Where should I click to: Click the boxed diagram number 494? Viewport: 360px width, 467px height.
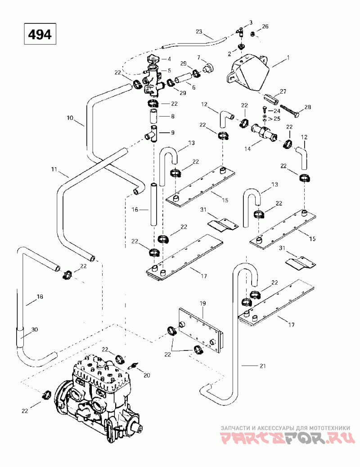tap(40, 35)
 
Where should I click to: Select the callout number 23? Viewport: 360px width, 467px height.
tap(199, 31)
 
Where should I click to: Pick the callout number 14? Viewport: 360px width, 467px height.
tap(247, 148)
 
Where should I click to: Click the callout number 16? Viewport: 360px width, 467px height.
tap(135, 210)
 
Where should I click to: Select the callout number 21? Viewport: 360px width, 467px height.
tap(262, 366)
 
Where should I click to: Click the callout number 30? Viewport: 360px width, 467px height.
tap(35, 329)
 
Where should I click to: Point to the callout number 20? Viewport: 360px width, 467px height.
tap(147, 375)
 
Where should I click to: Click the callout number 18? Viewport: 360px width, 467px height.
tap(40, 296)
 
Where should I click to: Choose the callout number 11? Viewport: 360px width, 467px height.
tap(54, 170)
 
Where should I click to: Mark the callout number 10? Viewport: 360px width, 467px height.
tap(70, 117)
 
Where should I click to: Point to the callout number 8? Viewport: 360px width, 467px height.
tap(173, 117)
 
